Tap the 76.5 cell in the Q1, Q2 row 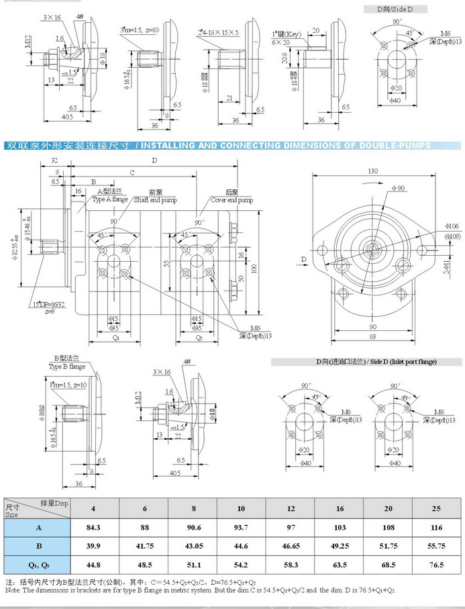pos(437,565)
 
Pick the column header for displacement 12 pos(290,508)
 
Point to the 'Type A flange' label pos(110,199)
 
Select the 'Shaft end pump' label pos(155,199)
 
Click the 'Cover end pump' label pos(231,199)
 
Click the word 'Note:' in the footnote pos(13,590)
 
